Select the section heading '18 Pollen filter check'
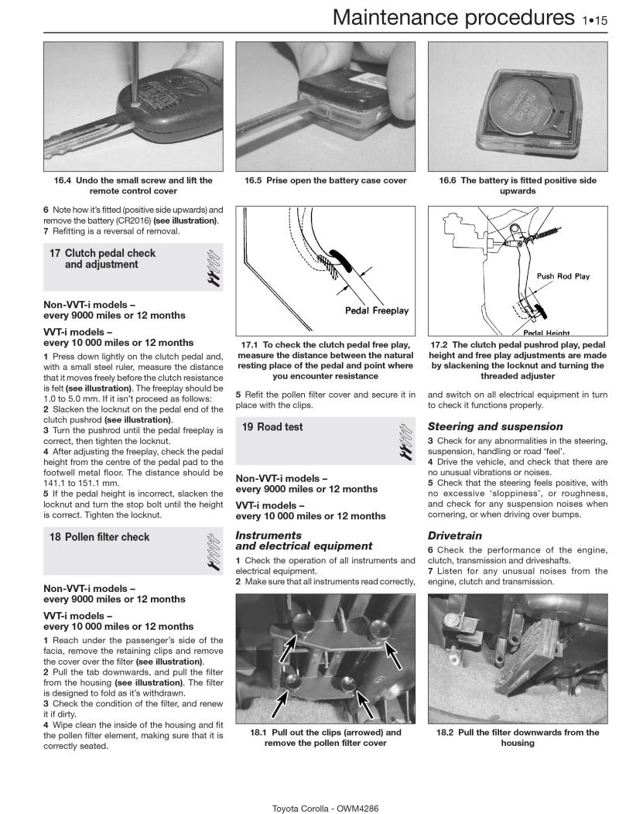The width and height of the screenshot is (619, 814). pyautogui.click(x=100, y=537)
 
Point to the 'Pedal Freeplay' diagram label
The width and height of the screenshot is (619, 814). pyautogui.click(x=377, y=310)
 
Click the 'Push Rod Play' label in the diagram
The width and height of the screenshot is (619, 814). pyautogui.click(x=563, y=276)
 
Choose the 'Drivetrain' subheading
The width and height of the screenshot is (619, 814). pyautogui.click(x=455, y=535)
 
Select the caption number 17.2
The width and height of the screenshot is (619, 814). pyautogui.click(x=443, y=344)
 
